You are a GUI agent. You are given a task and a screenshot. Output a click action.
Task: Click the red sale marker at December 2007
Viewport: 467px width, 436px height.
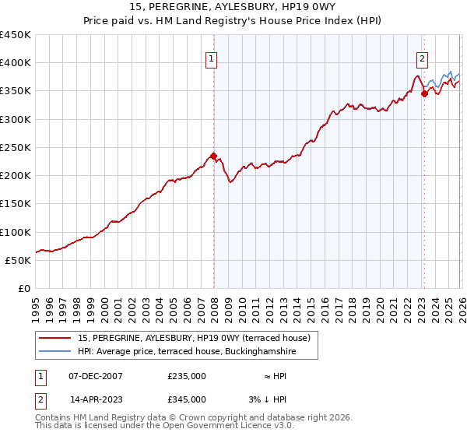[x=214, y=155]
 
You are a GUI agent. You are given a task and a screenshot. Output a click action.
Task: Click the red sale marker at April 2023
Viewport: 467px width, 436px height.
[x=424, y=93]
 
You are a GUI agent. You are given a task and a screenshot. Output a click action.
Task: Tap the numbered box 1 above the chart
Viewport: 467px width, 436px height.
[x=211, y=57]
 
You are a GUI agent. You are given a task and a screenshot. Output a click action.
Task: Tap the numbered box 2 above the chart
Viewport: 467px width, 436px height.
[x=422, y=57]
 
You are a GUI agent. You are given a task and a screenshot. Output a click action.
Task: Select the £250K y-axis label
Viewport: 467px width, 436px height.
[x=16, y=148]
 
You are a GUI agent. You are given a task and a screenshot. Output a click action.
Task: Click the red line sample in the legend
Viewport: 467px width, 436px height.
[x=54, y=338]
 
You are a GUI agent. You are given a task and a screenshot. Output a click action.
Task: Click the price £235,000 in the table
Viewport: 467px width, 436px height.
[x=187, y=376]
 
